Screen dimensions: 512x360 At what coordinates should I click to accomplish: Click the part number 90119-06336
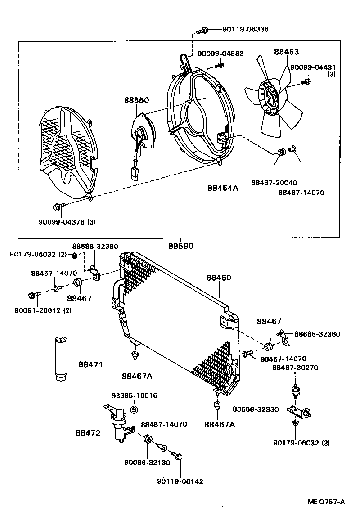(x=245, y=29)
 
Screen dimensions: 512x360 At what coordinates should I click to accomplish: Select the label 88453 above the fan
(x=287, y=52)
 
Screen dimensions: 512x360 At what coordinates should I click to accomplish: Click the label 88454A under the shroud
(x=223, y=188)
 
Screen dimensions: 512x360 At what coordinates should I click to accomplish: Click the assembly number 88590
(x=181, y=246)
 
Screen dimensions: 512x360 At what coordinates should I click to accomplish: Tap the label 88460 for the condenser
(x=219, y=278)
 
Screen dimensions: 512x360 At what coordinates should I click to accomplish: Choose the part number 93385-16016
(x=135, y=396)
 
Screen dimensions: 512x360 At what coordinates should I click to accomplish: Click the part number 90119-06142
(x=180, y=481)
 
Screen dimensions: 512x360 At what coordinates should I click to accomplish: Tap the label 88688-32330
(x=256, y=409)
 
